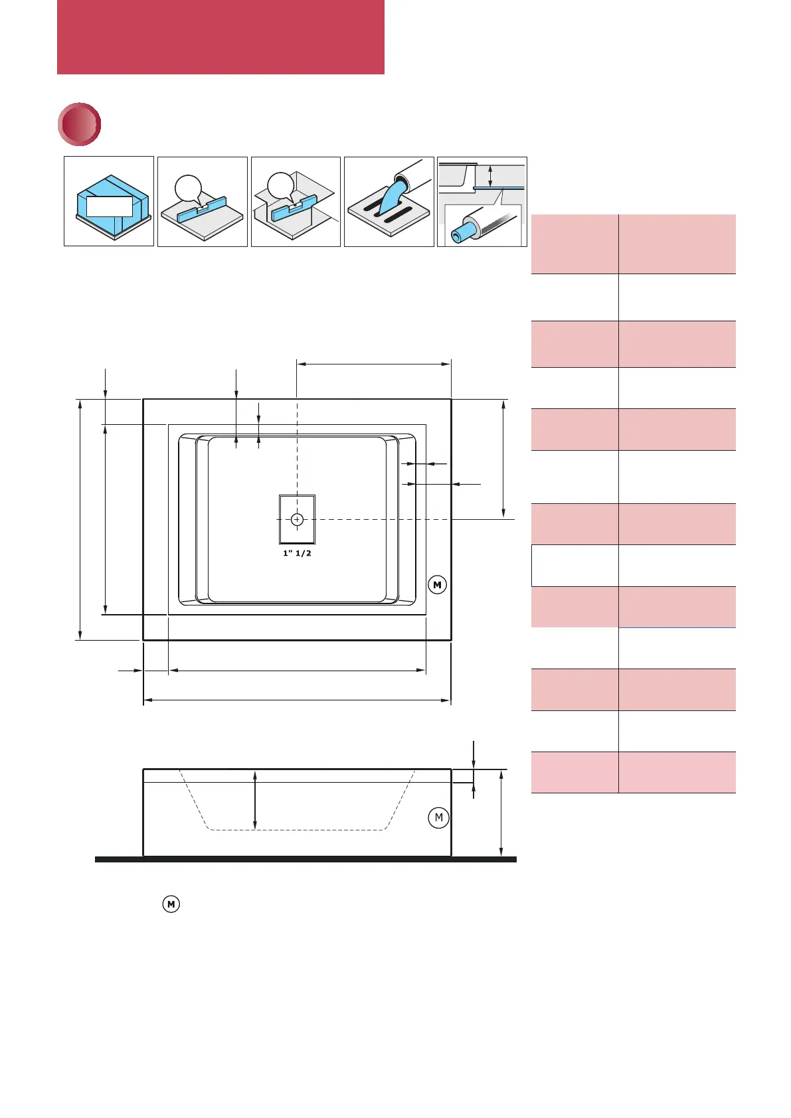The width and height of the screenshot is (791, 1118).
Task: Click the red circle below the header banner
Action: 80,124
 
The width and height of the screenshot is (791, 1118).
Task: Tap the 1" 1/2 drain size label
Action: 297,553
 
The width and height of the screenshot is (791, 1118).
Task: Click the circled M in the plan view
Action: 437,585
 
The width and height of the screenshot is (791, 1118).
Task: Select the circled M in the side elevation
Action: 438,817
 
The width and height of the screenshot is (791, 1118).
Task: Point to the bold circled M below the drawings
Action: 171,904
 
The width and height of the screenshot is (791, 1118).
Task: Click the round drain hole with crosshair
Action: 297,519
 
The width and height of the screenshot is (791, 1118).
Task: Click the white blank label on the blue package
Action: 110,206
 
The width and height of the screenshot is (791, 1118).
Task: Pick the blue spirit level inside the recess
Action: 296,209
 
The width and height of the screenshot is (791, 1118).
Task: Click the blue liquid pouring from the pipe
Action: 392,196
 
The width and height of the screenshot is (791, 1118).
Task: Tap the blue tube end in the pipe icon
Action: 460,234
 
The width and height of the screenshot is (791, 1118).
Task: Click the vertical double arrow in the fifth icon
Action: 490,176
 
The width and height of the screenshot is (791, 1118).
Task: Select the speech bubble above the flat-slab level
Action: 188,188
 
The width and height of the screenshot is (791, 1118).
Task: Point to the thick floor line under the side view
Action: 306,859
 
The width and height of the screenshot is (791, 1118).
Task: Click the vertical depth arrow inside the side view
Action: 255,800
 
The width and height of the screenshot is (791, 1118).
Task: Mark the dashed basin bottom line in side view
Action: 297,830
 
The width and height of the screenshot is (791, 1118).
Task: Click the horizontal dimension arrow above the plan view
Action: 373,364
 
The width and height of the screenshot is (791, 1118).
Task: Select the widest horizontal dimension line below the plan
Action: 297,700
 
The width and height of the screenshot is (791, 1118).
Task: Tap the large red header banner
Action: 220,37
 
